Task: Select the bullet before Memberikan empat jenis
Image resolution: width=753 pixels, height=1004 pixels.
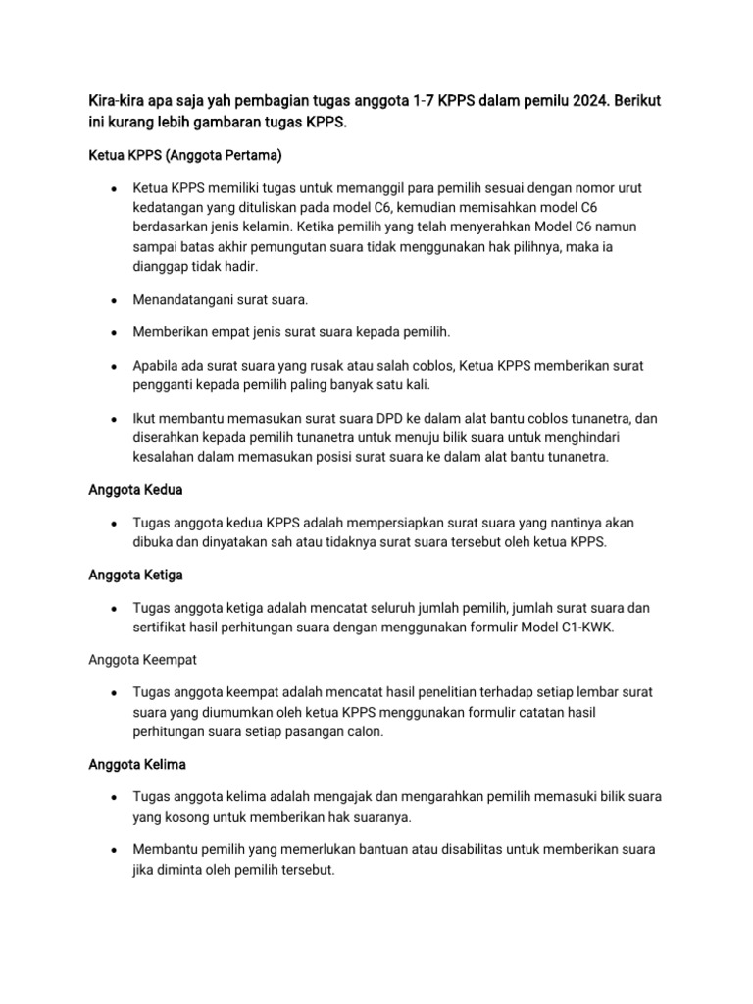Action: [115, 331]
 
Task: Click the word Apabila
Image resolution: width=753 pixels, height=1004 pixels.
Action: [159, 365]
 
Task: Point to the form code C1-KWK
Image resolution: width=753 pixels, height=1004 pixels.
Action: [583, 627]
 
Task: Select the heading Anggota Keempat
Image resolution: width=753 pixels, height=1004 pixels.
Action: [141, 659]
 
